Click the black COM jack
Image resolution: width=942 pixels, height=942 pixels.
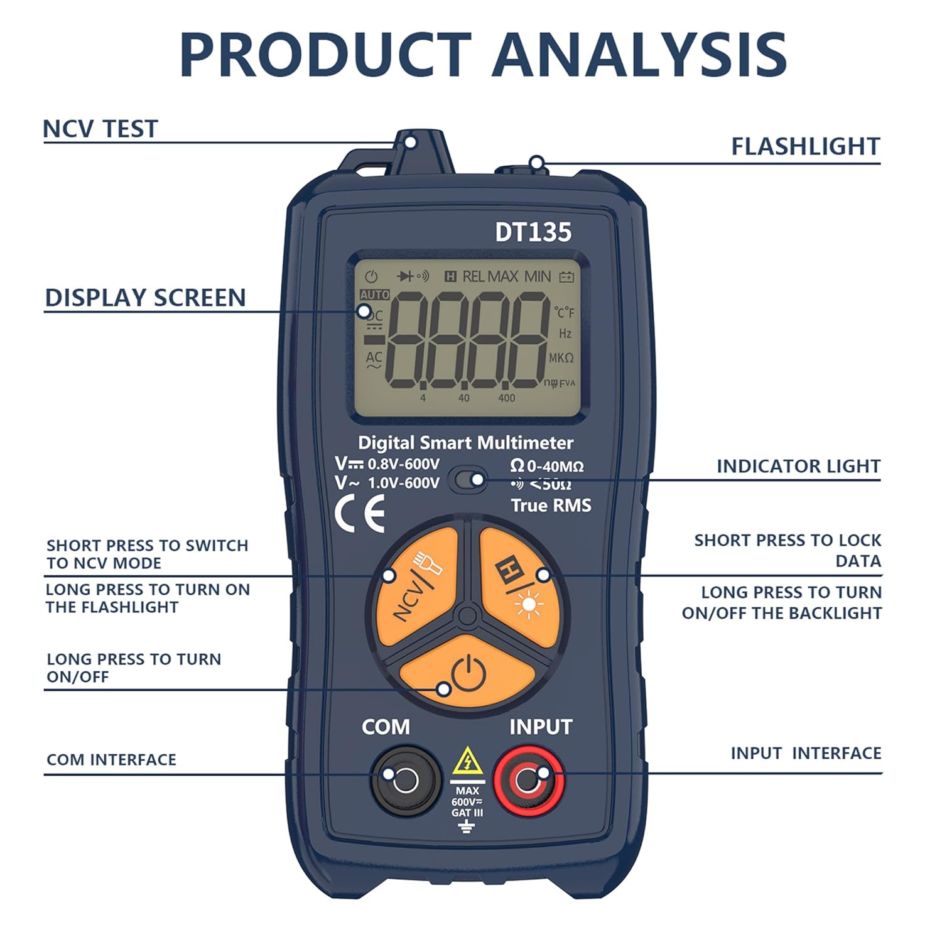point(404,781)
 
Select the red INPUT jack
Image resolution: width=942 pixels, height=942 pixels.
point(528,781)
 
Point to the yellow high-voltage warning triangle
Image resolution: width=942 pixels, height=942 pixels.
point(467,762)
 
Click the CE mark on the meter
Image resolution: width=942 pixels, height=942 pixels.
point(360,513)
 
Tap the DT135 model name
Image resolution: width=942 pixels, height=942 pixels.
point(533,232)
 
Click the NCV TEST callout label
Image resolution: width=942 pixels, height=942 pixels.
point(100,129)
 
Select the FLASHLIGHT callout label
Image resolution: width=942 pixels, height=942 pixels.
point(805,146)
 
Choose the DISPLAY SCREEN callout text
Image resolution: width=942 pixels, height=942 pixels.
point(145,298)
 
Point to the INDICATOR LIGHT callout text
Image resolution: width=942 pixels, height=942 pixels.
point(798,466)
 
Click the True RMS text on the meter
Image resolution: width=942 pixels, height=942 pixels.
point(551,506)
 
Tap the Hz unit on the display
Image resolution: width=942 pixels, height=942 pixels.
point(565,333)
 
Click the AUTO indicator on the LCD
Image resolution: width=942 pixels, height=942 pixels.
point(374,295)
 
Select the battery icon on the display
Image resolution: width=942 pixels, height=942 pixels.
point(566,276)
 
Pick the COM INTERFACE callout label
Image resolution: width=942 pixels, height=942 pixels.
point(111,760)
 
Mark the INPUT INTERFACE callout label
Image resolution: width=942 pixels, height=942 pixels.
point(806,753)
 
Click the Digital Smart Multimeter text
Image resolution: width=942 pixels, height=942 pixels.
point(465,443)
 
